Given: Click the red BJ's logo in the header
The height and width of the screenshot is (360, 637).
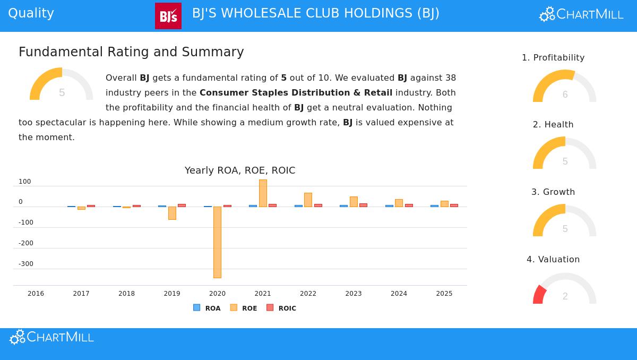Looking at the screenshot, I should pyautogui.click(x=168, y=16).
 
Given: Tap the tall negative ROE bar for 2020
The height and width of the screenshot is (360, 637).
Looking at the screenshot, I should pyautogui.click(x=217, y=242).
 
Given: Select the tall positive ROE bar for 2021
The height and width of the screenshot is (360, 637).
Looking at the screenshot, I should pyautogui.click(x=263, y=193).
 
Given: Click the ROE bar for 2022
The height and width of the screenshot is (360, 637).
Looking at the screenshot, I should pyautogui.click(x=308, y=200).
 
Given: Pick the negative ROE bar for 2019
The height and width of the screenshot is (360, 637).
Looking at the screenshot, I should pyautogui.click(x=172, y=213).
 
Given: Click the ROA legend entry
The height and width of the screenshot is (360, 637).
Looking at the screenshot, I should pyautogui.click(x=207, y=308).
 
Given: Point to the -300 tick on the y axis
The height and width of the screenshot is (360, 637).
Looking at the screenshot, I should pyautogui.click(x=25, y=264).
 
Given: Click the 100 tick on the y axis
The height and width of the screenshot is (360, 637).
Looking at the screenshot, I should pyautogui.click(x=25, y=182).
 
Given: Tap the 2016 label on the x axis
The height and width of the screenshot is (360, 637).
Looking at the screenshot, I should pyautogui.click(x=36, y=294).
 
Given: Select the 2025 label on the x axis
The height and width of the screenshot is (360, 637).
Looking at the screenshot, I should pyautogui.click(x=444, y=294).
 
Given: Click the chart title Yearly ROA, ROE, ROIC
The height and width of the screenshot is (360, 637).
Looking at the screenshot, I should pyautogui.click(x=240, y=170).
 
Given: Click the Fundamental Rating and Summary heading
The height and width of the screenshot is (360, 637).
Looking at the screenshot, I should pyautogui.click(x=131, y=52).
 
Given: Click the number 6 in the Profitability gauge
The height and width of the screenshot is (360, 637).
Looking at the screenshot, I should pyautogui.click(x=565, y=95).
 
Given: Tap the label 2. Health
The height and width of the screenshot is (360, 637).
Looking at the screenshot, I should pyautogui.click(x=553, y=125).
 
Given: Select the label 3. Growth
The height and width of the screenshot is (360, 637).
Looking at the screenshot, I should pyautogui.click(x=553, y=192).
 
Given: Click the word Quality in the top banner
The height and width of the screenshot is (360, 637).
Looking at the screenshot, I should pyautogui.click(x=31, y=13).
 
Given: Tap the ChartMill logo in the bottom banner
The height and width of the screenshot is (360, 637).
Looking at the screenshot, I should pyautogui.click(x=51, y=337).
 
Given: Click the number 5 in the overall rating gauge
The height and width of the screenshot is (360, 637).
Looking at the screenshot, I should pyautogui.click(x=62, y=93).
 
